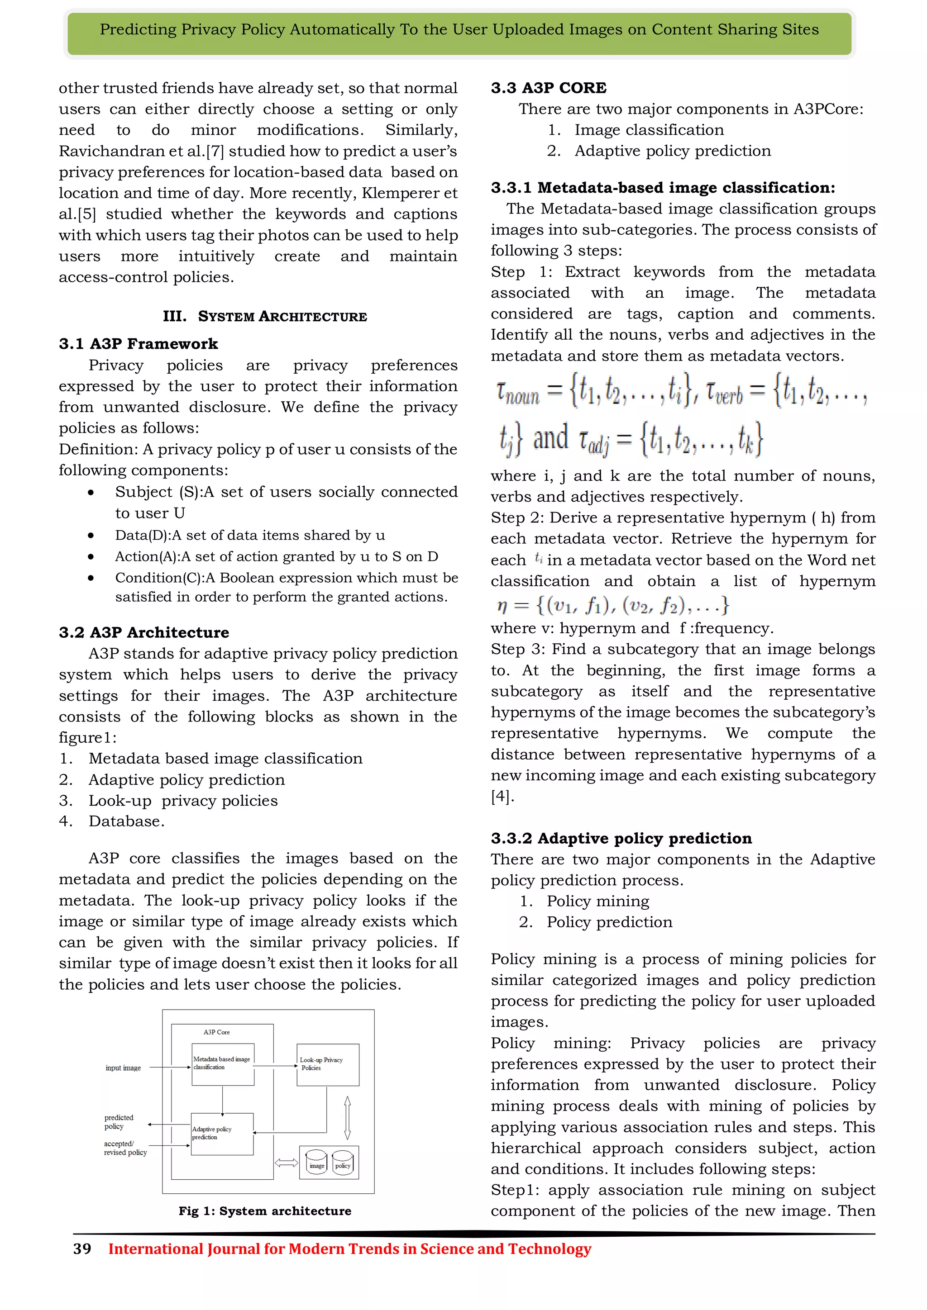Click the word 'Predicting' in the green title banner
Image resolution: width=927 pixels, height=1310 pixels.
138,30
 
